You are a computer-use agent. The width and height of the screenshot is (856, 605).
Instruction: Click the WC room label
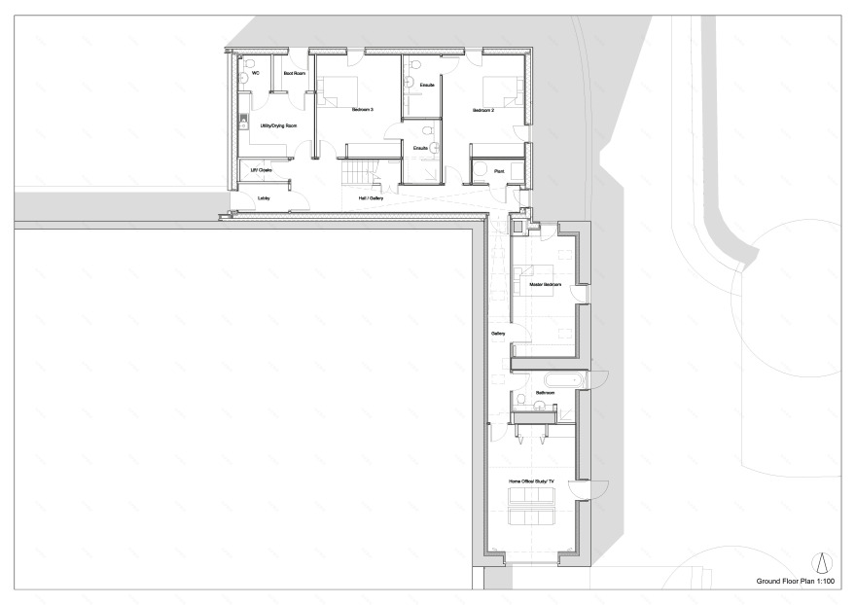tap(255, 73)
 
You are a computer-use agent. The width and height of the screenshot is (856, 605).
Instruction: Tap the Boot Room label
tap(294, 73)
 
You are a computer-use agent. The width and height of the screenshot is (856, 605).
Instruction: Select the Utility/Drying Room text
tap(278, 125)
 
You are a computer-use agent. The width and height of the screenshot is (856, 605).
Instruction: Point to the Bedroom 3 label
tap(363, 110)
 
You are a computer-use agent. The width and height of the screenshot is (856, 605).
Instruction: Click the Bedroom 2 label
tap(483, 110)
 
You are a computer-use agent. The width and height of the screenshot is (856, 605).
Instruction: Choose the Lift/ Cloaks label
tap(261, 170)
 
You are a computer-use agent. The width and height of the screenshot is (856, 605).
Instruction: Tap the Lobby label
tap(263, 198)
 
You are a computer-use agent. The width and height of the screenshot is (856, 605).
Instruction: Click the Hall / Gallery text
tap(371, 198)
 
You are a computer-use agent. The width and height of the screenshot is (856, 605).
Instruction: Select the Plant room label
tap(498, 170)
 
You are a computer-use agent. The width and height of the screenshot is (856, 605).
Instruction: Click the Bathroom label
tap(545, 393)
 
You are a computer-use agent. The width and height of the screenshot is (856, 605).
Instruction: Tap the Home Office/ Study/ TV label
tap(531, 481)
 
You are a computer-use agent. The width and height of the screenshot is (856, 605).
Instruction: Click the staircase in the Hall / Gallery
tap(354, 174)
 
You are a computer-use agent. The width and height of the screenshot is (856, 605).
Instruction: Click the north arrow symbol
tap(822, 563)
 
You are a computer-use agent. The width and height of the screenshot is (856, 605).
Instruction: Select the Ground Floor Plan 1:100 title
tap(796, 581)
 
